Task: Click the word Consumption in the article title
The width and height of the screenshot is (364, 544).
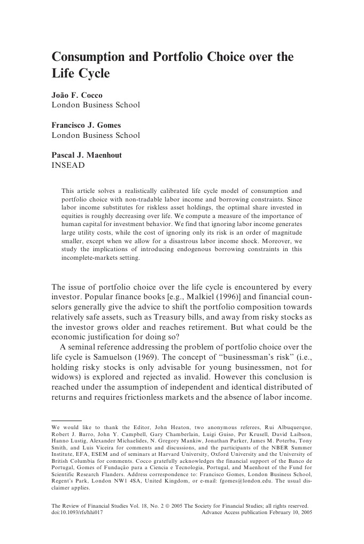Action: pos(89,57)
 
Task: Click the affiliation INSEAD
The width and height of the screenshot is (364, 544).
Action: pos(68,165)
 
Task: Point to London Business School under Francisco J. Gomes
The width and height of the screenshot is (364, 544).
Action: pos(95,135)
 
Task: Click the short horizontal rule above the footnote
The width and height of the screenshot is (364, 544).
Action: pos(66,421)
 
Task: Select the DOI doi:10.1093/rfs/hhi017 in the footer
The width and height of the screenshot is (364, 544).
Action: pos(77,511)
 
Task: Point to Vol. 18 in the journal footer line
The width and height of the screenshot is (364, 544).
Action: pos(136,504)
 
